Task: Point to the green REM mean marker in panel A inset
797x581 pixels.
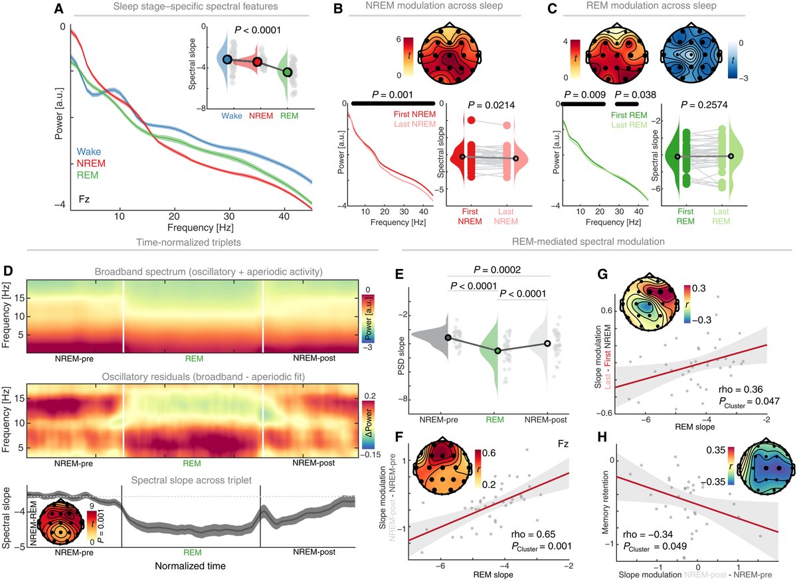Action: (287, 72)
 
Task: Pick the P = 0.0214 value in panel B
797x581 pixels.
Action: (492, 105)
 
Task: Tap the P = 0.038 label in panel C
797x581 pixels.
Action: (636, 95)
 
